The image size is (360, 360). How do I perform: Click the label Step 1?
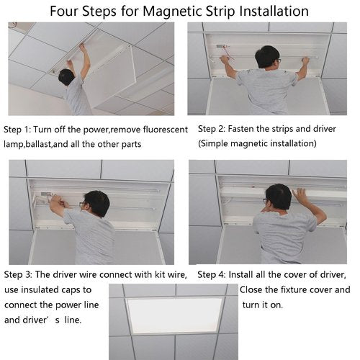point(17,130)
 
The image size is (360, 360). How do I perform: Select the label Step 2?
point(212,129)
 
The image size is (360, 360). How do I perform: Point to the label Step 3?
point(18,275)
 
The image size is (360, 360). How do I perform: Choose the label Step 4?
point(212,275)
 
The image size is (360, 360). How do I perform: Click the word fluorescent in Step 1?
point(166,130)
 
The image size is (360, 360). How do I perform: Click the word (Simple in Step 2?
point(212,143)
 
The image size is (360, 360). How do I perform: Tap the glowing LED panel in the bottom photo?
point(174,315)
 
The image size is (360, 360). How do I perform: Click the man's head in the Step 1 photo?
point(66,77)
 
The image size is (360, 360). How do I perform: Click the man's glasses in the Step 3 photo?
point(83,204)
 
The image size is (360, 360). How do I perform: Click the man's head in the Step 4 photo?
point(279,197)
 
